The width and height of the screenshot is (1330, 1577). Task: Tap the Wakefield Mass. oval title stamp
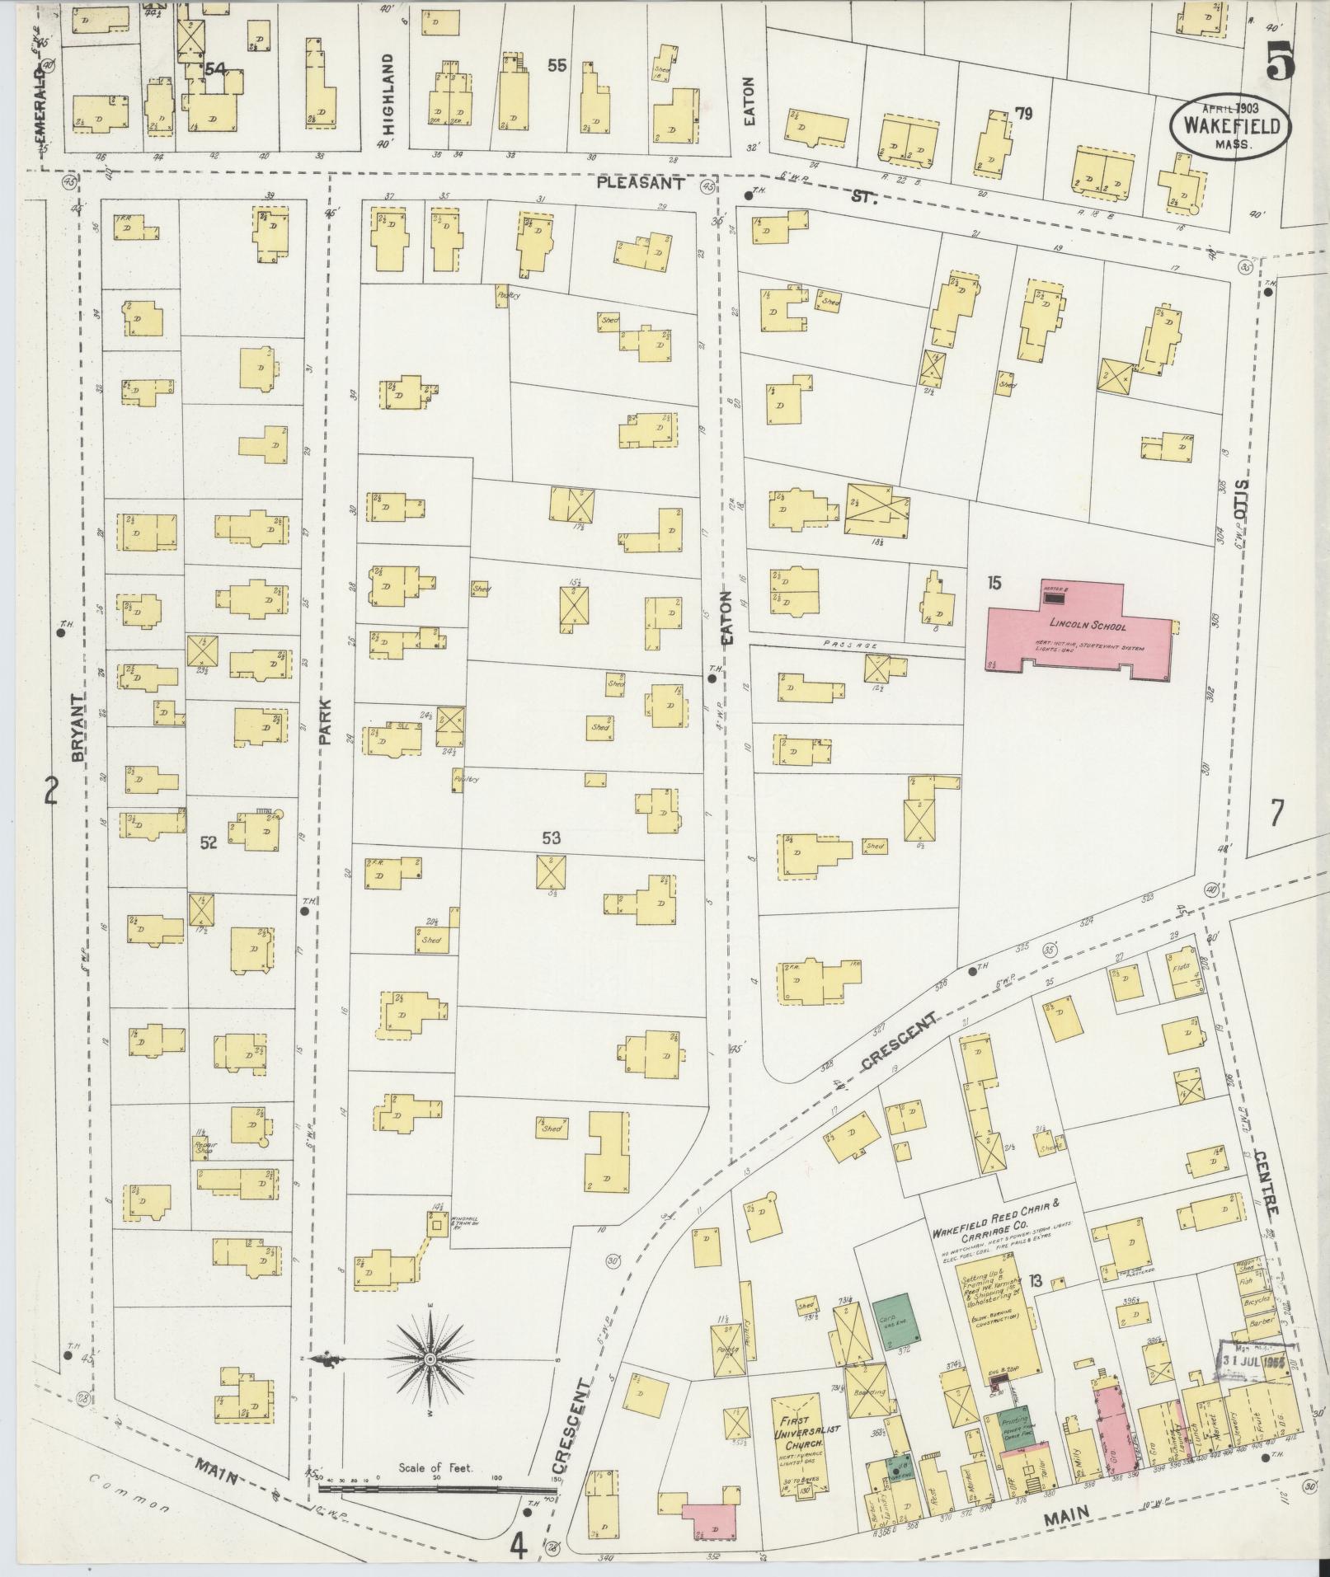pos(1232,126)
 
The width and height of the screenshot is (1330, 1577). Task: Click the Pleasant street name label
pos(641,185)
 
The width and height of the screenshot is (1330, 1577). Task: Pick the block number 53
pos(551,838)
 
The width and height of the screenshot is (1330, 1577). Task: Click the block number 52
pos(208,842)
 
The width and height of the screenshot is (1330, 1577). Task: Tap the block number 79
pos(1023,114)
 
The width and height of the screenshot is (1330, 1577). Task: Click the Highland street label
pos(390,89)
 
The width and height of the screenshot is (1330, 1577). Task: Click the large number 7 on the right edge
pos(1276,813)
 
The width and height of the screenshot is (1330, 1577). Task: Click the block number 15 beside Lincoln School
pos(994,584)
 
